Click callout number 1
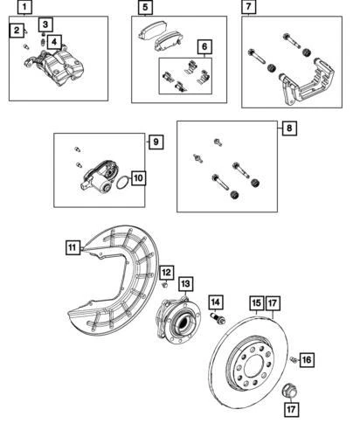(25, 8)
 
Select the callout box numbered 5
(145, 8)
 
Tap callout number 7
(249, 8)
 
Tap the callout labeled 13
(185, 284)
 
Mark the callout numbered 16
(307, 359)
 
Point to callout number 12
(165, 274)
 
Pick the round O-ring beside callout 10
(123, 182)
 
